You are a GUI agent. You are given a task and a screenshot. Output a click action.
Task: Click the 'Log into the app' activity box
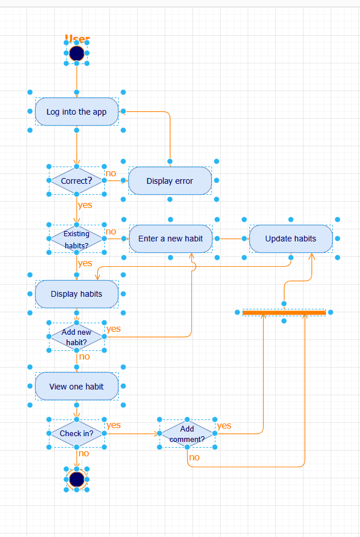click(x=77, y=112)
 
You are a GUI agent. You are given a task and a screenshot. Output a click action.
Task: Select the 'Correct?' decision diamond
click(x=77, y=181)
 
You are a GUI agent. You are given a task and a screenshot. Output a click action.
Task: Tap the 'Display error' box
click(x=170, y=181)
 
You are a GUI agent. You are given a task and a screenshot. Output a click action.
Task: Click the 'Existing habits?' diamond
click(x=77, y=239)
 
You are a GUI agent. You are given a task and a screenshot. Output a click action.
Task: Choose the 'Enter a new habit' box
click(x=170, y=239)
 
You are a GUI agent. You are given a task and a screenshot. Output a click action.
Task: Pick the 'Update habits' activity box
click(x=291, y=239)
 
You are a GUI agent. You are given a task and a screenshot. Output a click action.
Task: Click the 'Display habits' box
click(x=77, y=294)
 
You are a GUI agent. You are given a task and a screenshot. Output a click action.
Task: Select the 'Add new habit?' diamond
click(x=77, y=337)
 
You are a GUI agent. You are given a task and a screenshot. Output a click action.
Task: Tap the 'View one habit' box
click(x=77, y=387)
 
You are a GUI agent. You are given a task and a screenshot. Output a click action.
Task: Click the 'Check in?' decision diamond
click(x=77, y=433)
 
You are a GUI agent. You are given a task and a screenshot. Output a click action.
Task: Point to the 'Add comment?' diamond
click(x=187, y=434)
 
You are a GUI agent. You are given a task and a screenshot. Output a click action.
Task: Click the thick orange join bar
click(x=284, y=312)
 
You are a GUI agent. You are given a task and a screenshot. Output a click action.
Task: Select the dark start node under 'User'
click(x=77, y=54)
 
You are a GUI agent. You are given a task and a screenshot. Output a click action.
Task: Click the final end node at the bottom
click(x=77, y=479)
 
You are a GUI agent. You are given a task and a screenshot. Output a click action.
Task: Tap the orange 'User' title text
click(x=77, y=39)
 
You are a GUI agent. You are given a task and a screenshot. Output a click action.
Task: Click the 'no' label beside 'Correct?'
click(x=111, y=173)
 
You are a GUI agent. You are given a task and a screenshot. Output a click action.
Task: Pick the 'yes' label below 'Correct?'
click(x=85, y=205)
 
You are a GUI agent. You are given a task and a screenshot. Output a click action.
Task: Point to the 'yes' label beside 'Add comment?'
click(x=224, y=426)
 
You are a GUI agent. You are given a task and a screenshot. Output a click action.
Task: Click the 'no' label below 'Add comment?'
click(x=195, y=457)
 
